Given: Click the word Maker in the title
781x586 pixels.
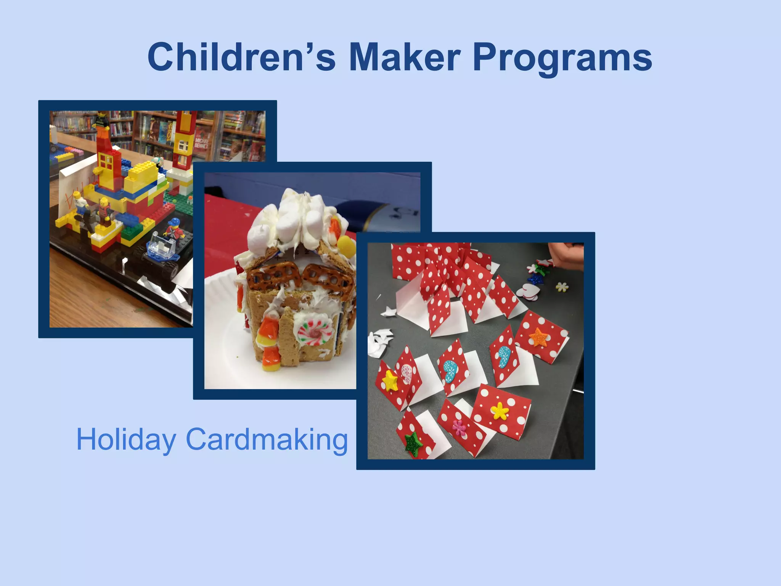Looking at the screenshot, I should point(404,57).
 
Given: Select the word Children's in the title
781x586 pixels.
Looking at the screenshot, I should point(241,57).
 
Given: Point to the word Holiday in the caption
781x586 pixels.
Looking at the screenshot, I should point(126,439).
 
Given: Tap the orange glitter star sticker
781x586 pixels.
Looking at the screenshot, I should point(538,337).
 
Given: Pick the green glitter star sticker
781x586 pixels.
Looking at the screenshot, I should point(413,444).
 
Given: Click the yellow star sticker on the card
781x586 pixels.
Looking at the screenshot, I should point(390,380).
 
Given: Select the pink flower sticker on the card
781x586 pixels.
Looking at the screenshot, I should point(459,428).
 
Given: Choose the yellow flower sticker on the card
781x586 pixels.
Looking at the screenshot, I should point(500,411).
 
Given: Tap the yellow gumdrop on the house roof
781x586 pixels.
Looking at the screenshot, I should point(346,245).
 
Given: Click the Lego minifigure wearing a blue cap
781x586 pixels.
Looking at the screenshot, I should point(174,228).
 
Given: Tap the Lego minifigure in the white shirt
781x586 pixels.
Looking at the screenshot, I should point(80,205).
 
